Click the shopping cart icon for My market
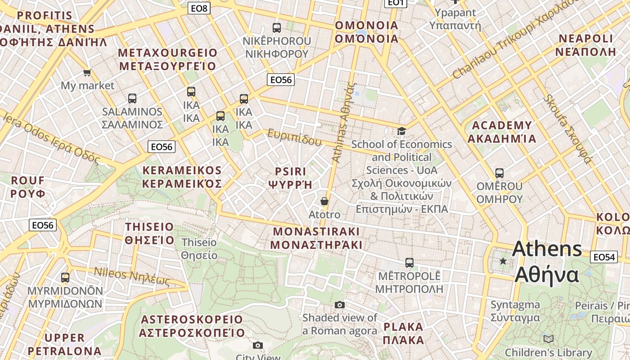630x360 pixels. click(87, 72)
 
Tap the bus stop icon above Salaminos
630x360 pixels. click(132, 98)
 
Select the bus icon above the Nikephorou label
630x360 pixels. click(276, 27)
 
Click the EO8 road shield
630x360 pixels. click(199, 8)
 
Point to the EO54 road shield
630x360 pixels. click(603, 257)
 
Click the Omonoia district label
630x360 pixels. click(366, 32)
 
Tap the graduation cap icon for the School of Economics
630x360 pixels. click(401, 131)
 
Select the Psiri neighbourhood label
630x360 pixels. click(290, 178)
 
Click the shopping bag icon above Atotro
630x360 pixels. click(324, 201)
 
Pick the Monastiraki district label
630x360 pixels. click(316, 238)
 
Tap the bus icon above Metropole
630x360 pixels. click(409, 262)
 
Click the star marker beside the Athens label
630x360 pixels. click(503, 261)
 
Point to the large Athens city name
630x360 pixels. click(547, 261)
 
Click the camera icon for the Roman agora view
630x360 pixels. click(340, 305)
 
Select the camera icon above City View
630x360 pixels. click(257, 345)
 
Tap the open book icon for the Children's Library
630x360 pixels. click(548, 339)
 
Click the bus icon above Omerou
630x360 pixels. click(499, 173)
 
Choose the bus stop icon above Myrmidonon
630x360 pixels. click(65, 277)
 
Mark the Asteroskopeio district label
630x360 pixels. click(192, 326)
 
